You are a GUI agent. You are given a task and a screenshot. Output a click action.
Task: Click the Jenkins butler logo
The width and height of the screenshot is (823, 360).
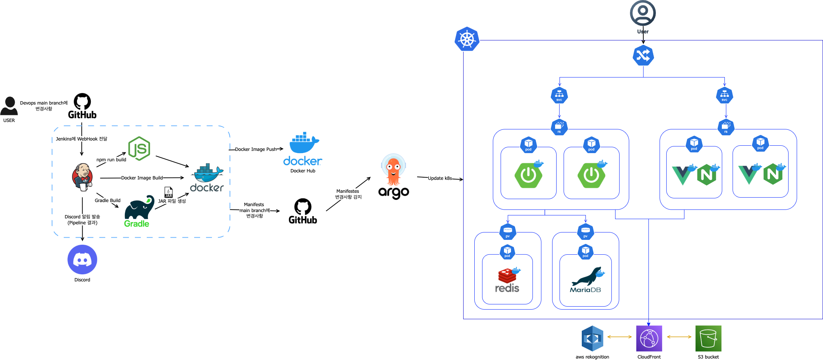(82, 177)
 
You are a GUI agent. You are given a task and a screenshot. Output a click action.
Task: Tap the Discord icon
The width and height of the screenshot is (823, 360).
(82, 260)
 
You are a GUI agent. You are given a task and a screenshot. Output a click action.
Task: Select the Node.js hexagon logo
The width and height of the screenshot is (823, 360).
(139, 148)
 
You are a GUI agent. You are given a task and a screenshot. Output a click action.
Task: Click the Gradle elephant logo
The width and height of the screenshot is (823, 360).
(139, 211)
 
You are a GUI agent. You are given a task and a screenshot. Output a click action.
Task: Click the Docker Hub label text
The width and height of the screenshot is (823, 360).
(303, 171)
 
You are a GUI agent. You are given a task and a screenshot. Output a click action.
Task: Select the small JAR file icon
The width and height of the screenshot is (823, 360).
(169, 192)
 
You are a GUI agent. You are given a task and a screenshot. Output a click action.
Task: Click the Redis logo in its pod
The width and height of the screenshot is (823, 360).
(507, 280)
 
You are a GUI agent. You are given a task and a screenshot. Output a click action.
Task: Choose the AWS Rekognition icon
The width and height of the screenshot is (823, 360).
(593, 338)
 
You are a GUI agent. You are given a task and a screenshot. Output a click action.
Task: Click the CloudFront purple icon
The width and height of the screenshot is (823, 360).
(649, 338)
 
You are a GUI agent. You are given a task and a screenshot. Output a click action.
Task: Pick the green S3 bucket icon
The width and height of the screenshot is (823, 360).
(708, 338)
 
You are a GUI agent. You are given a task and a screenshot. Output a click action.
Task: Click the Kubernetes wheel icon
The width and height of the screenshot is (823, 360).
(467, 39)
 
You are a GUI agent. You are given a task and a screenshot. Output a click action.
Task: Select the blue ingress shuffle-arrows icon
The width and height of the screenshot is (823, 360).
(643, 56)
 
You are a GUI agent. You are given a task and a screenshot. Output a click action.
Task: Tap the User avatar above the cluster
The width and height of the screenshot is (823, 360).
(643, 13)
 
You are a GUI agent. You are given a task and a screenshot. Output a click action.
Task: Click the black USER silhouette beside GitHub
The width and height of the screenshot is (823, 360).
(9, 106)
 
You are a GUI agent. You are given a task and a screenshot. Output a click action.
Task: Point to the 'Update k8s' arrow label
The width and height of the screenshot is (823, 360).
(440, 178)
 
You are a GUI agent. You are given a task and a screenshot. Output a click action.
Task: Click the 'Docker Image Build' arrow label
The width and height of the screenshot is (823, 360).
(142, 178)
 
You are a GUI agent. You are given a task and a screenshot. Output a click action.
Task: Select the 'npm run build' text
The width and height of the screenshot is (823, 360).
(111, 160)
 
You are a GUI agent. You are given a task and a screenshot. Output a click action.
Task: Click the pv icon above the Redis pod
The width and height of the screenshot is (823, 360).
(508, 232)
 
